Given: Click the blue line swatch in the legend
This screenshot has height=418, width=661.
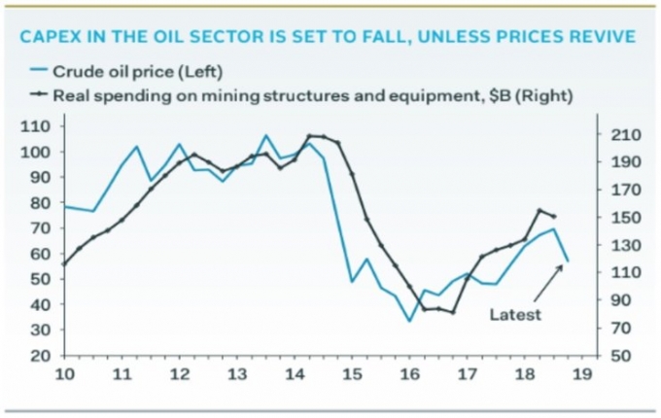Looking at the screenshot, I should click(38, 70).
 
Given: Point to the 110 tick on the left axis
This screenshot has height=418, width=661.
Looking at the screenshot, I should click(35, 126).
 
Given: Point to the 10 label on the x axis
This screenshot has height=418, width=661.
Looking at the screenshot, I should click(64, 375).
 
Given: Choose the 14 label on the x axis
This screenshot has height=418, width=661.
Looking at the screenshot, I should click(295, 375).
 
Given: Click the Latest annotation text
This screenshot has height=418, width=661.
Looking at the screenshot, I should click(514, 314).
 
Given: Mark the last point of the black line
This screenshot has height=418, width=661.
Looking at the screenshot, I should click(554, 217).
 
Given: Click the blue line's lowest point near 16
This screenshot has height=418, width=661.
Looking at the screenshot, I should click(409, 321).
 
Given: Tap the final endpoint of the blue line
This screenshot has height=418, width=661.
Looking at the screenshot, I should click(569, 261).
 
